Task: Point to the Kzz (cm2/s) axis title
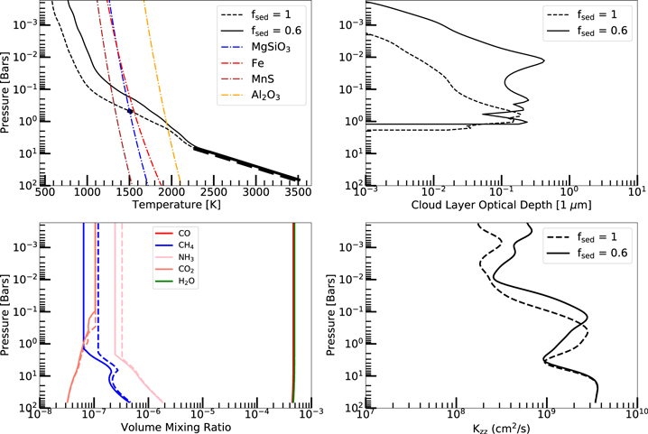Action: pos(502,423)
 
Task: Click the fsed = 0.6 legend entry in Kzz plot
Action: pos(596,255)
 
